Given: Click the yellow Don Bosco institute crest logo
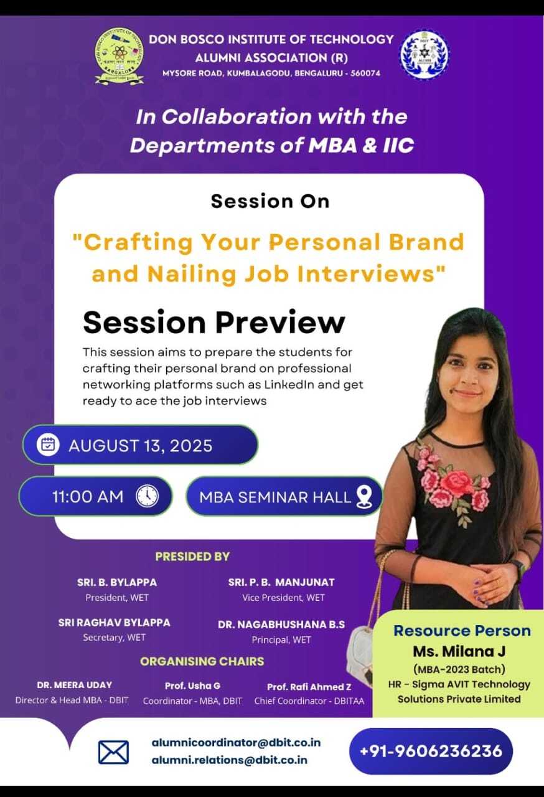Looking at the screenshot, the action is pyautogui.click(x=120, y=56).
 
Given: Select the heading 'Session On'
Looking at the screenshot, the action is pyautogui.click(x=270, y=201).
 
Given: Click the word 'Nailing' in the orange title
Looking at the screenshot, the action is pyautogui.click(x=191, y=274).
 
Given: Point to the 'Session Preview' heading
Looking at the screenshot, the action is pyautogui.click(x=213, y=323).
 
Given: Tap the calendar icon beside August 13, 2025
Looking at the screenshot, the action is pyautogui.click(x=48, y=445).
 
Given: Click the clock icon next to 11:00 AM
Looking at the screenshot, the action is pyautogui.click(x=147, y=496).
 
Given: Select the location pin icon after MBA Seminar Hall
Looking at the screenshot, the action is pyautogui.click(x=364, y=497).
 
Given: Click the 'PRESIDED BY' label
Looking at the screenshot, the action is pyautogui.click(x=192, y=557).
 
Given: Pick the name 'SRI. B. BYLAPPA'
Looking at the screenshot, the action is pyautogui.click(x=117, y=582).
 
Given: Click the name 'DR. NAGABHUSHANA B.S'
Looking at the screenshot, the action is pyautogui.click(x=281, y=625).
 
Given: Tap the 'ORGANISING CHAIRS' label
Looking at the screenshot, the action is pyautogui.click(x=202, y=661).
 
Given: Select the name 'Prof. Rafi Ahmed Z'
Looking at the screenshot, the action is pyautogui.click(x=309, y=687).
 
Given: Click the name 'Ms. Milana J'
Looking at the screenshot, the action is pyautogui.click(x=459, y=651).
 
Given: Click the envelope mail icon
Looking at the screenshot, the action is pyautogui.click(x=113, y=752).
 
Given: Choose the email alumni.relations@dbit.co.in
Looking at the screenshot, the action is pyautogui.click(x=229, y=760).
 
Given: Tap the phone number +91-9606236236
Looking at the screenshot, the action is pyautogui.click(x=431, y=751).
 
